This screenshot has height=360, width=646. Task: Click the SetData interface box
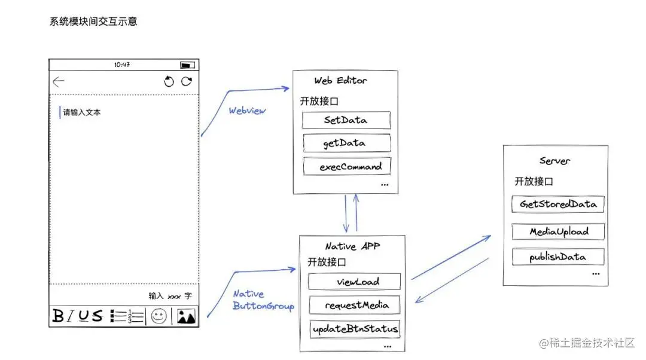[346, 120]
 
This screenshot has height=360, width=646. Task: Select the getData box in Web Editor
[347, 143]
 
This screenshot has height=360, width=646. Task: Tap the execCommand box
[347, 166]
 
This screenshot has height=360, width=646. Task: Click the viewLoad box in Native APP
[354, 282]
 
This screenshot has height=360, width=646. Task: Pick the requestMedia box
[355, 305]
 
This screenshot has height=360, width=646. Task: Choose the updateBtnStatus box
[355, 329]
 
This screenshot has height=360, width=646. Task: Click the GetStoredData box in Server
[558, 204]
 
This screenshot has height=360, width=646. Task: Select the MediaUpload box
[558, 231]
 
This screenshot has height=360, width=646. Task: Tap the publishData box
[558, 257]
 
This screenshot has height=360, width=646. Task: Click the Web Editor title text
[340, 81]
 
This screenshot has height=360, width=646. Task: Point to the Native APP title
[352, 246]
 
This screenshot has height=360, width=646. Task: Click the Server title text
[554, 161]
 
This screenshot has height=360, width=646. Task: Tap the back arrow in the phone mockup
[59, 81]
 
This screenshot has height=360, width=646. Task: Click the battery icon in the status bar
[187, 65]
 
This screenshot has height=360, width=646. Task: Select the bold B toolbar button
[58, 316]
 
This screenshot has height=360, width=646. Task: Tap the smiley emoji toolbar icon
[159, 316]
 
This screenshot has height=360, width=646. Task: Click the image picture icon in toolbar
[186, 316]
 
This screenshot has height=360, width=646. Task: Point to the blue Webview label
[247, 111]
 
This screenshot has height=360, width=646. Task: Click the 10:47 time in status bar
[122, 65]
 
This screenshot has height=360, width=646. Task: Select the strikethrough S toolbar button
[97, 316]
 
